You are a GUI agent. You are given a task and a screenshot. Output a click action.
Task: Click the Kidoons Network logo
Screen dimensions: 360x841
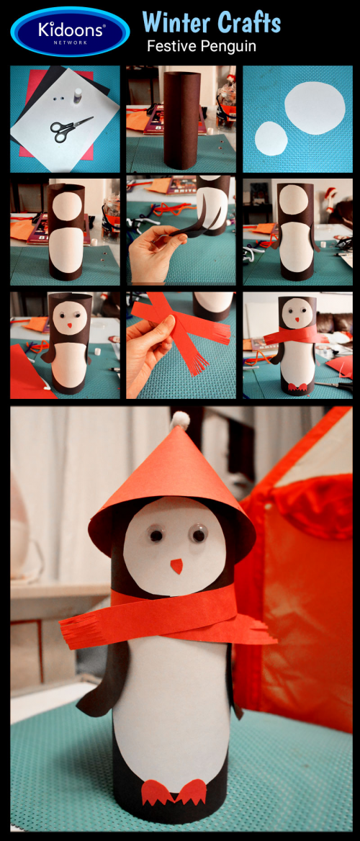(x=70, y=32)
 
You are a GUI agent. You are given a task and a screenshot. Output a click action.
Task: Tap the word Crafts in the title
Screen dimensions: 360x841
(x=248, y=23)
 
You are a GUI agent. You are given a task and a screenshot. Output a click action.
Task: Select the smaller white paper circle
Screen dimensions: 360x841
(x=271, y=138)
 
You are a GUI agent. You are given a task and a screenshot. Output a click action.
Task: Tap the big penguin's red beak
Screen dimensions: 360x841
(x=176, y=566)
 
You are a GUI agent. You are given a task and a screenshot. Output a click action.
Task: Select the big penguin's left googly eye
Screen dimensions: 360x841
(x=156, y=535)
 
